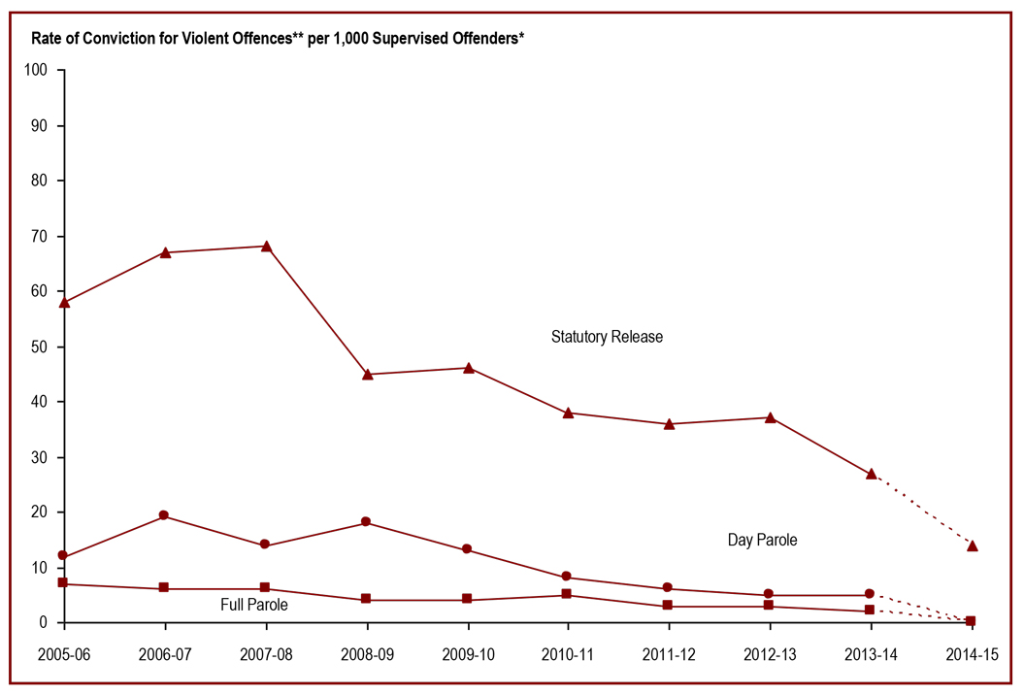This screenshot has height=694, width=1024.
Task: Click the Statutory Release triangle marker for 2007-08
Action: coord(266,247)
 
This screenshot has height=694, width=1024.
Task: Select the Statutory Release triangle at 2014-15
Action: coord(972,545)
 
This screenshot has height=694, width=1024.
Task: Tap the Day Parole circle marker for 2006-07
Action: coord(164,515)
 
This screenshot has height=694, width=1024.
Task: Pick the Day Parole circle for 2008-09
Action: coord(366,522)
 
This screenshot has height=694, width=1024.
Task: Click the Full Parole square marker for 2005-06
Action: coord(62,582)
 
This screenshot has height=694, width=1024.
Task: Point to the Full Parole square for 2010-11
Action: coord(567,594)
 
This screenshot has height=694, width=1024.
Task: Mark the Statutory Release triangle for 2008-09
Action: coord(368,374)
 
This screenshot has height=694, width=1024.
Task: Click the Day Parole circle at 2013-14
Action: coord(870,594)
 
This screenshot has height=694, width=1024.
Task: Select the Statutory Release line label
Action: coord(607,337)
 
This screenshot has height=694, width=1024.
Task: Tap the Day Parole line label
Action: coord(762,540)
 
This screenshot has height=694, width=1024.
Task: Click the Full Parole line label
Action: coord(254,605)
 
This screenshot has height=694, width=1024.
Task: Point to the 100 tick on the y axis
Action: coord(36,71)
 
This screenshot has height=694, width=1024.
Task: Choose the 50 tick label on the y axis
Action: coord(40,347)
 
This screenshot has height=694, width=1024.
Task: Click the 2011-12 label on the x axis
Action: coord(668,655)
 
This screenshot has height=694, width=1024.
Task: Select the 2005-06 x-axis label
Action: coord(64,655)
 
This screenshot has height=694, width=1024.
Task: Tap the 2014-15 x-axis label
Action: coord(971,655)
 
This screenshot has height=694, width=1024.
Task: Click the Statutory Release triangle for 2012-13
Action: coord(770,417)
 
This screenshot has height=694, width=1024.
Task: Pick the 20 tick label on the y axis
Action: coord(40,512)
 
